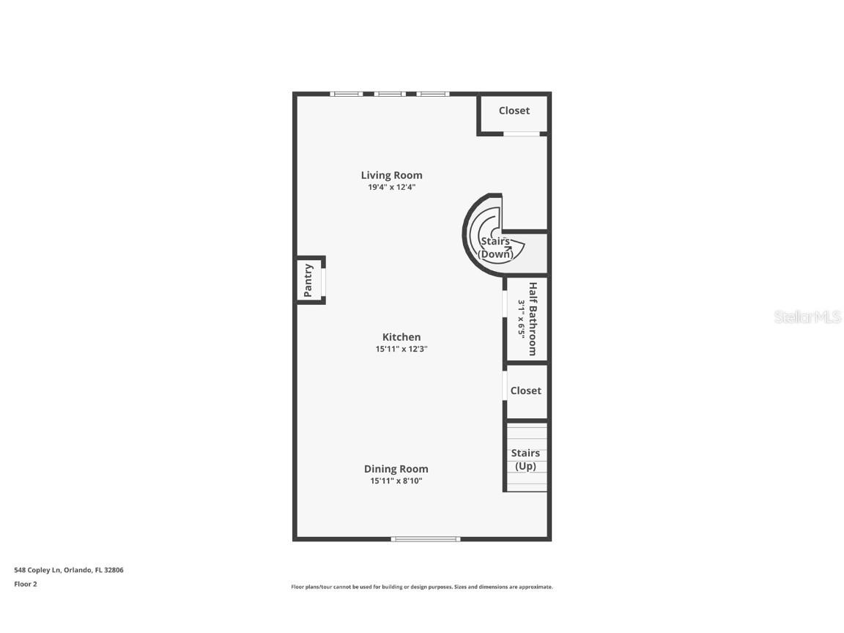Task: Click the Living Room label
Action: [391, 175]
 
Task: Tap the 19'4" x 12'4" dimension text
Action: [391, 188]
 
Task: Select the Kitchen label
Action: [401, 337]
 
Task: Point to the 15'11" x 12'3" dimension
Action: [401, 349]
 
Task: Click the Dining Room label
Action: [396, 469]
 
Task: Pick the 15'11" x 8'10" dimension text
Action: [396, 481]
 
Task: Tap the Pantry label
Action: [308, 279]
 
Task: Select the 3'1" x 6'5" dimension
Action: [522, 319]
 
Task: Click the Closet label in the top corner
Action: [514, 111]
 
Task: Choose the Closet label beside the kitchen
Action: [525, 390]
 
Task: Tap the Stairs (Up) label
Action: [525, 459]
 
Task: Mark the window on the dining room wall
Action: [425, 539]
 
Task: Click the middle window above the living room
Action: [390, 94]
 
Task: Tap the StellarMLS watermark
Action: [808, 317]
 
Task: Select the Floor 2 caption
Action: [25, 584]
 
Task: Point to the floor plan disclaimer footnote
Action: [422, 587]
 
